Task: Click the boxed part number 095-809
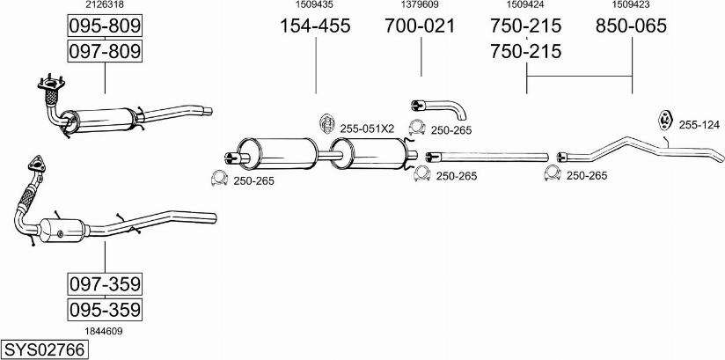click(105, 27)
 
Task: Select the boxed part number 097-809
click(105, 52)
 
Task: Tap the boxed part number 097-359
click(105, 284)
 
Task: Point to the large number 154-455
click(315, 26)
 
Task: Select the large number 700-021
click(421, 26)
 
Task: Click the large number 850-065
click(632, 26)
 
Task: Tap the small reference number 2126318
click(104, 5)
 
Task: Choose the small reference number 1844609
click(104, 331)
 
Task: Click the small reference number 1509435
click(315, 5)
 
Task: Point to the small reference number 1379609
click(421, 5)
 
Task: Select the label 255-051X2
click(367, 129)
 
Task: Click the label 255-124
click(699, 125)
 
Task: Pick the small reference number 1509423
click(632, 5)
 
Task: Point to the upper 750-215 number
click(526, 26)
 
